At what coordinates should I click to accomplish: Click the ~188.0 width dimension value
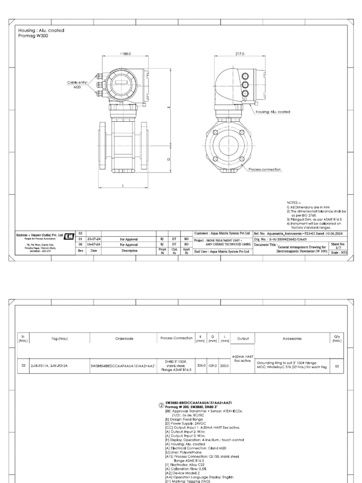[125, 54]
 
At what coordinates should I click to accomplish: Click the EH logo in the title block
[69, 236]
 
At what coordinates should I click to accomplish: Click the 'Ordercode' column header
[122, 338]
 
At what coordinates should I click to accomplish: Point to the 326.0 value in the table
[199, 365]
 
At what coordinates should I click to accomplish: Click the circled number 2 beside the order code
[160, 404]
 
